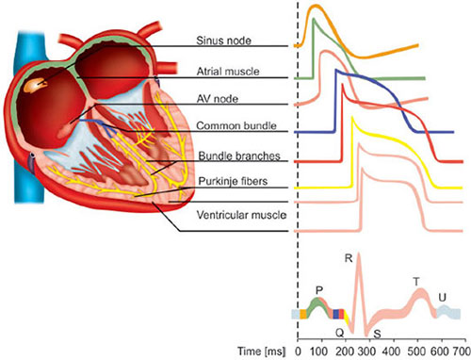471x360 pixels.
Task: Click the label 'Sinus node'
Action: pos(223,41)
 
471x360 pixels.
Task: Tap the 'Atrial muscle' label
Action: pos(228,72)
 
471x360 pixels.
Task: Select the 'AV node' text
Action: pos(218,99)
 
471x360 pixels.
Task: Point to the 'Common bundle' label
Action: pos(236,126)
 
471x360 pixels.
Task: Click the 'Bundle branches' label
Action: pos(239,156)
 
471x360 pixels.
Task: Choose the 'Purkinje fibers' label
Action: pos(233,181)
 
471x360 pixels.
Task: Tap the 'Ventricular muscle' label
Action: pos(241,215)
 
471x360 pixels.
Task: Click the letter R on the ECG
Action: pos(349,258)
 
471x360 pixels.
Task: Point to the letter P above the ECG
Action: pos(319,290)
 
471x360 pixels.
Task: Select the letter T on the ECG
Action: pos(416,282)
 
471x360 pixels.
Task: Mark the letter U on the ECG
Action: pos(442,297)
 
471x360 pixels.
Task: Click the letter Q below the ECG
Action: pos(340,333)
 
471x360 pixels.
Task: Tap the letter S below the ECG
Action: pos(377,334)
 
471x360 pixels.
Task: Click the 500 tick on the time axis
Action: pos(416,352)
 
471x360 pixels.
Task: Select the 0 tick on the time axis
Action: pos(298,352)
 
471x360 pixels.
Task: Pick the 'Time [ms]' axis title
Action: pos(262,352)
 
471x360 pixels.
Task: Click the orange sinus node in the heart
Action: pos(36,85)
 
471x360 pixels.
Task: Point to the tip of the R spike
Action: pos(359,254)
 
